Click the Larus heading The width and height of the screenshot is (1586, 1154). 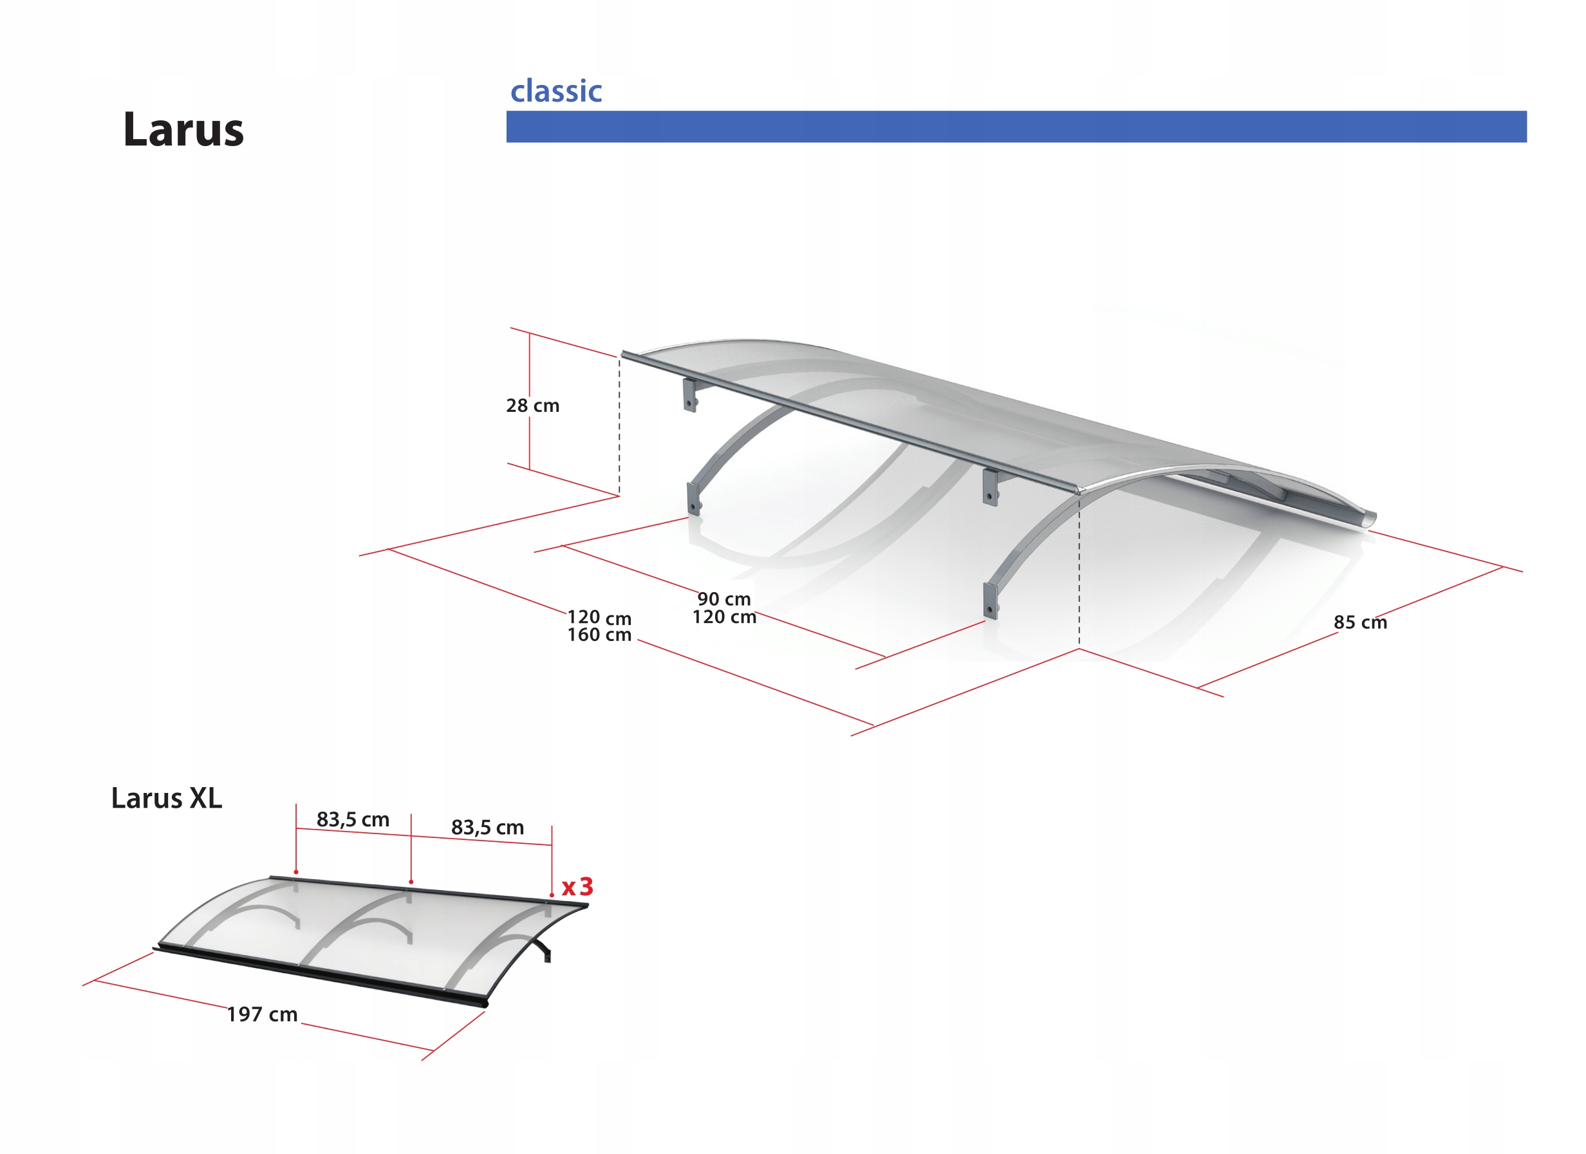183,130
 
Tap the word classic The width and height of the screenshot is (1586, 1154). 556,91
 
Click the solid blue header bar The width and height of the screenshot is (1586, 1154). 1016,127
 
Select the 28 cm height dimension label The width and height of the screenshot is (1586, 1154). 533,405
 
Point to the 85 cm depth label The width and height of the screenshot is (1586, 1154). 1359,622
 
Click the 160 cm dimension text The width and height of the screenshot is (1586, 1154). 599,635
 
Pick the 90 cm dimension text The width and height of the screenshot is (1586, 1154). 723,599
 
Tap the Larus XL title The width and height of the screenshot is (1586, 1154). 167,799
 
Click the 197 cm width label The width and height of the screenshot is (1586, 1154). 262,1014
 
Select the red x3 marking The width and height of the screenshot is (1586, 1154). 577,887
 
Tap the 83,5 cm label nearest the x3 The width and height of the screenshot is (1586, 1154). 487,828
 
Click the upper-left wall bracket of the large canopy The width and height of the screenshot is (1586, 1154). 690,396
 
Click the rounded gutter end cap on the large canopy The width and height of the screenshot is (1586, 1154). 1368,519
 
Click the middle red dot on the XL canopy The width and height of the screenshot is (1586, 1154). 411,882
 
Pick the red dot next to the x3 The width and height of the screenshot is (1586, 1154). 552,895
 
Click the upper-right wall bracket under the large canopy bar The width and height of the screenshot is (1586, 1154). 990,487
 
